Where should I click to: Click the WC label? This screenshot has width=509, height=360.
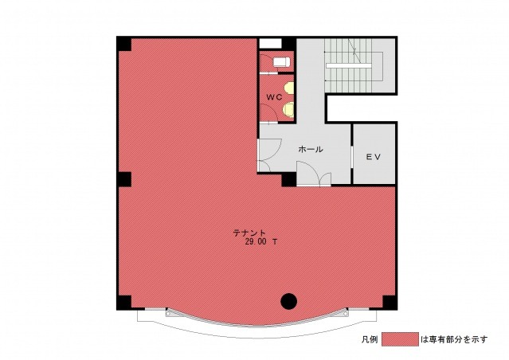tap(274, 97)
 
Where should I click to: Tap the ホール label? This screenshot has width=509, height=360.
tap(311, 149)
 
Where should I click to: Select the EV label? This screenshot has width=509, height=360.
tap(374, 157)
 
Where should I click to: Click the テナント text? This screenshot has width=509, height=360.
tap(249, 233)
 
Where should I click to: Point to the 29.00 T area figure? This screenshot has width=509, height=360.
tap(261, 242)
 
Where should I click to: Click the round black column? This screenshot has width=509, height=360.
tap(288, 302)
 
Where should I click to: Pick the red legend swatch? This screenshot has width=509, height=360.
tap(400, 339)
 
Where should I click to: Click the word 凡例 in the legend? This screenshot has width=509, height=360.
tap(370, 339)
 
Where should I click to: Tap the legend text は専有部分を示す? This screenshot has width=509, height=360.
tap(454, 339)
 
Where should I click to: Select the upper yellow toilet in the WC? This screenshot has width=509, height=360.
tap(288, 88)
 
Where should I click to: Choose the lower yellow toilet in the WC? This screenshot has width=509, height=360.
tap(288, 109)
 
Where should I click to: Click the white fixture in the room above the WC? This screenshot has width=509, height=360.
tap(281, 61)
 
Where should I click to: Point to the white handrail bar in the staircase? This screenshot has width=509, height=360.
tap(349, 65)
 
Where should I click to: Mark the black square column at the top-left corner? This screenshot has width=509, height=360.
tap(124, 44)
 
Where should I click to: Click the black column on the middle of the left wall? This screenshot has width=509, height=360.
tap(124, 179)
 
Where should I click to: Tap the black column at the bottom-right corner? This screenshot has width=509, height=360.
tap(390, 302)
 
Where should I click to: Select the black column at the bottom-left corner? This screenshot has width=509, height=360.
tap(124, 302)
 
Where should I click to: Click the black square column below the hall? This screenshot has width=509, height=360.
tap(288, 179)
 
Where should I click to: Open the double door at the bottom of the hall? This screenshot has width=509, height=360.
tap(314, 174)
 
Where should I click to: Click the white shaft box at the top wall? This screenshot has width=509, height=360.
tap(270, 44)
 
